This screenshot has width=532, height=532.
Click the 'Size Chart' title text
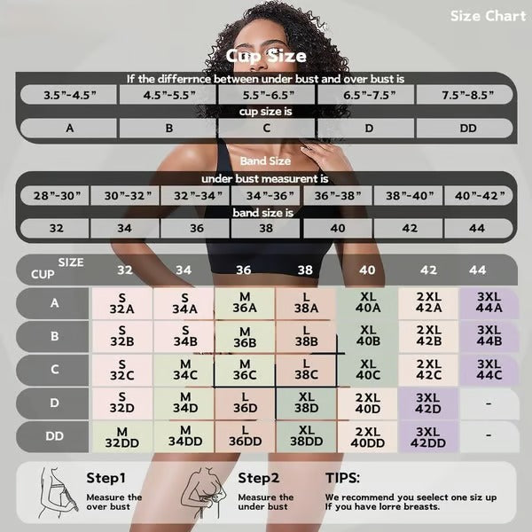tap(488, 16)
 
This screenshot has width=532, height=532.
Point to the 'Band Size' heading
tap(266, 162)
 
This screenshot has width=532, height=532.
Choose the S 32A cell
tap(122, 303)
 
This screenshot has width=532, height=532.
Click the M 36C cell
tap(245, 370)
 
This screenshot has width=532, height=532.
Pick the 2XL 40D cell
tap(367, 403)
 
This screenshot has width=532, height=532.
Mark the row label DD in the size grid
tap(55, 436)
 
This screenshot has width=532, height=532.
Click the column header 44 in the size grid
tap(477, 270)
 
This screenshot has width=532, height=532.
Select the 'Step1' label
tap(106, 477)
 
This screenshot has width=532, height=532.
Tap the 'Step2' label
tap(258, 477)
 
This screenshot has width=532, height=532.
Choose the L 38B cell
tap(306, 337)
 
